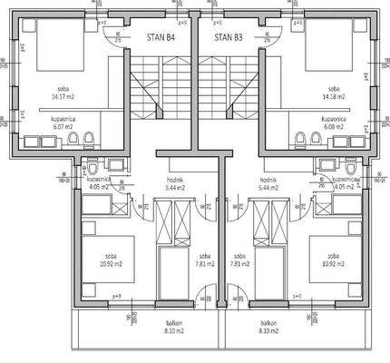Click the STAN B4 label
coord(161,38)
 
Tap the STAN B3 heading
coord(228,38)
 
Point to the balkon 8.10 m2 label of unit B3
coord(268,328)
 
